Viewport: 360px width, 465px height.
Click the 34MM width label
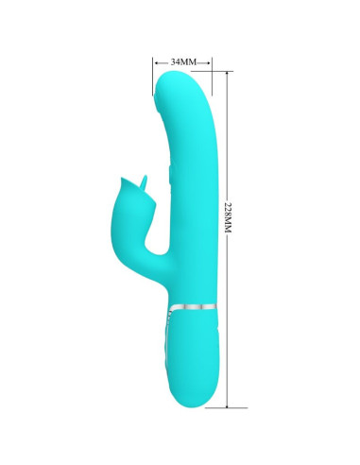tap(182, 61)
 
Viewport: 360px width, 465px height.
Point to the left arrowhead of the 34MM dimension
tap(155, 61)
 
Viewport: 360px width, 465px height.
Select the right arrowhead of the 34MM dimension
tap(210, 61)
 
